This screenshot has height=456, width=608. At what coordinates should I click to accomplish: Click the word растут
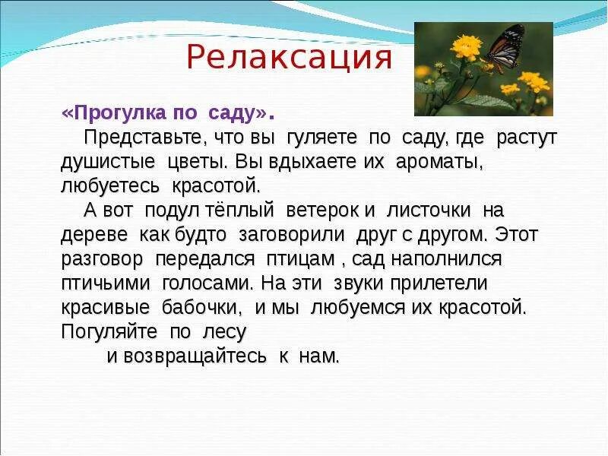point(527,138)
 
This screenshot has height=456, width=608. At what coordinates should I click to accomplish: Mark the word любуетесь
point(111,186)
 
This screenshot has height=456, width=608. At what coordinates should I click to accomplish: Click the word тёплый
point(239,211)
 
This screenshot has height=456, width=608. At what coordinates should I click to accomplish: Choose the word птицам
point(300,259)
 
